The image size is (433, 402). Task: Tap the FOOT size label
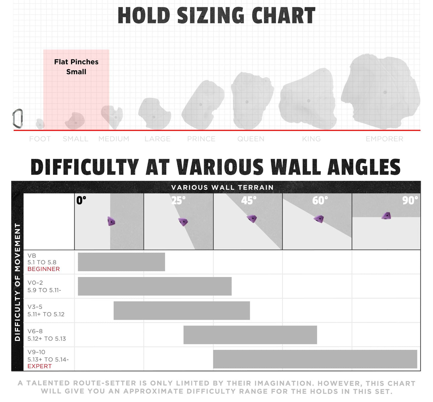tap(40, 139)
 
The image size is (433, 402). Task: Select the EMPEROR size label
tap(384, 139)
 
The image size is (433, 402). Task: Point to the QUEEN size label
tap(251, 139)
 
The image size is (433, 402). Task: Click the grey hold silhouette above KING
tap(308, 99)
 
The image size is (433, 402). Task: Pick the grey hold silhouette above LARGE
tap(155, 113)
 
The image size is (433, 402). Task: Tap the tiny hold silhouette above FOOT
tap(40, 124)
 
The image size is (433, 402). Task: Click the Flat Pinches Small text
tap(76, 67)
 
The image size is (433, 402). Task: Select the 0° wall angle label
tap(81, 200)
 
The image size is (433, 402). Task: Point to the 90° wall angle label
tap(410, 200)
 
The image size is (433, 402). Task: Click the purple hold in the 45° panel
tap(252, 218)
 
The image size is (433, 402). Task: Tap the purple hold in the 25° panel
tap(183, 222)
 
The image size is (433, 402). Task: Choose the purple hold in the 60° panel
tap(319, 219)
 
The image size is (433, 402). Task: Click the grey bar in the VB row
tap(121, 262)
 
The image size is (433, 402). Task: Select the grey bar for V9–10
tap(315, 359)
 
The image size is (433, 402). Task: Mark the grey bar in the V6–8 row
tap(250, 335)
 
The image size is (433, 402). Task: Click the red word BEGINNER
tap(44, 269)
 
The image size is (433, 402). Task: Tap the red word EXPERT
tap(40, 366)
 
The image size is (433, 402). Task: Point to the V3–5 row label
tap(46, 311)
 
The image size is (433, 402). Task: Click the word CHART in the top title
tap(284, 15)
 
